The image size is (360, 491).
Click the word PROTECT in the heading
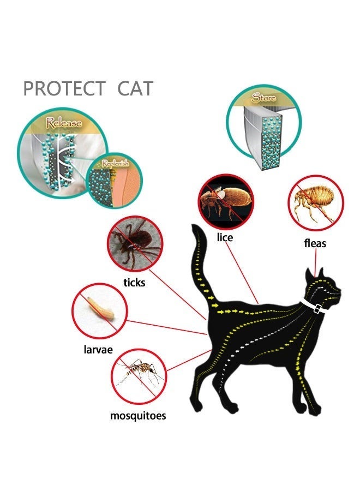64,88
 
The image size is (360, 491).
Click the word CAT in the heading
135,88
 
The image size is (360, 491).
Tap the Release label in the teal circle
64,122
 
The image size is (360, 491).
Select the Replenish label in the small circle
115,163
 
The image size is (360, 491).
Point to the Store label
264,98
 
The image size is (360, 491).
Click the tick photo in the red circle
135,244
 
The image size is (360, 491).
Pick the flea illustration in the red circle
316,203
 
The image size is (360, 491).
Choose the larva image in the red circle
100,312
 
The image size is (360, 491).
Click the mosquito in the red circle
139,376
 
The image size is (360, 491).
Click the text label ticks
134,283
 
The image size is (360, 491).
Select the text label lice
225,237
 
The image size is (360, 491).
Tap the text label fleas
315,243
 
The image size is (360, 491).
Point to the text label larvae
98,350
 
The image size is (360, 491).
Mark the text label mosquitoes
138,416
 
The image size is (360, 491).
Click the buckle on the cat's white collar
317,308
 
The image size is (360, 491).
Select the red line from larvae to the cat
167,327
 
